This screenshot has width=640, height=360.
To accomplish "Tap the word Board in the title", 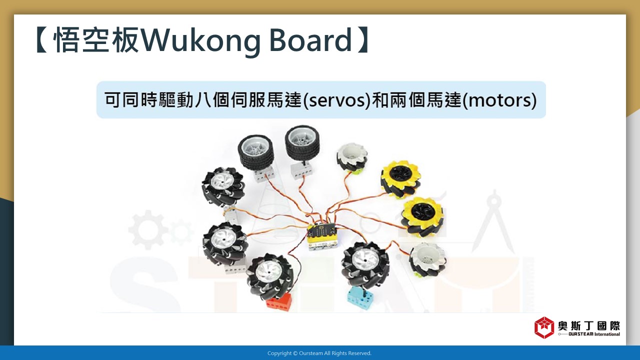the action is (310, 39).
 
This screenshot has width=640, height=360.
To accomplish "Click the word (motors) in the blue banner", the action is (499, 100).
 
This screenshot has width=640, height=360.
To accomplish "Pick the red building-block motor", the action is (278, 301).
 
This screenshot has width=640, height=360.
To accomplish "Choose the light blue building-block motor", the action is (359, 298).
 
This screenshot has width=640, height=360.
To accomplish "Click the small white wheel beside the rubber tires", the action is (351, 157).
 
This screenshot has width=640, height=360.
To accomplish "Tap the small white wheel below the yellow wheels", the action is (428, 258).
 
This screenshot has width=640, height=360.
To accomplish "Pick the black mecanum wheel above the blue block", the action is (365, 265).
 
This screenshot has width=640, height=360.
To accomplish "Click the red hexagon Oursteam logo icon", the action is (544, 327).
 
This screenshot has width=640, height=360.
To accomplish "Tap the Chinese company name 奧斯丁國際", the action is (589, 326).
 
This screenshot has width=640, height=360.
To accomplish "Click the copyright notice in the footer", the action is (319, 353).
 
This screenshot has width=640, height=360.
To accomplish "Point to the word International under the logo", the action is (607, 334).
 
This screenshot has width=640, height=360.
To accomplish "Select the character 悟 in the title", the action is (66, 39).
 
